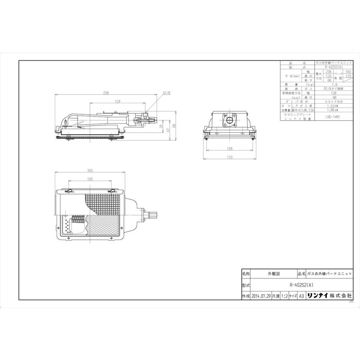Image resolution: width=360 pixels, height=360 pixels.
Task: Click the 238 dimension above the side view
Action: (x=106, y=93)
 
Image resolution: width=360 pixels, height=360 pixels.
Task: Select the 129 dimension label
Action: (x=118, y=102)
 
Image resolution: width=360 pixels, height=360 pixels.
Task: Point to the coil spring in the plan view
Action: (x=78, y=220)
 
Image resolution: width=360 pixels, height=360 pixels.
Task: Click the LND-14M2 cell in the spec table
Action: (x=333, y=116)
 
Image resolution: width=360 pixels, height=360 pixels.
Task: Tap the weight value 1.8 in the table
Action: (x=333, y=85)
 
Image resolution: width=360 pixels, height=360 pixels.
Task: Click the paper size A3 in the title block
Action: (x=302, y=296)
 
